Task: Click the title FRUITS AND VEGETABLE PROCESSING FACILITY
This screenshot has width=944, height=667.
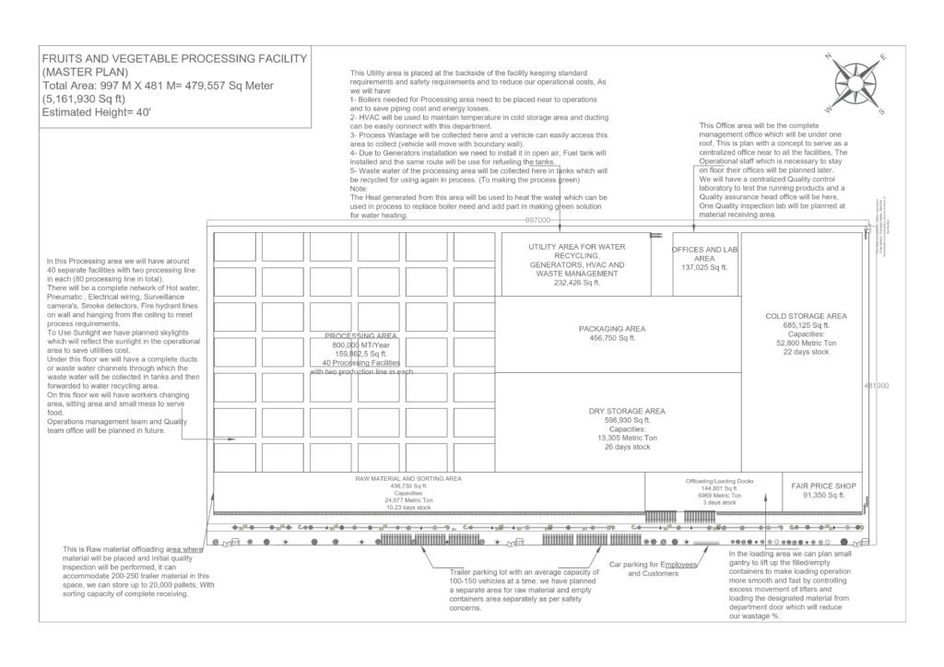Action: (175, 58)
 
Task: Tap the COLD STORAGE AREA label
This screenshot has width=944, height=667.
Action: (806, 316)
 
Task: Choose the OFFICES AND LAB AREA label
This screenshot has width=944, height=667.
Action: (705, 254)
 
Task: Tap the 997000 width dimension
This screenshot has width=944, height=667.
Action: (537, 221)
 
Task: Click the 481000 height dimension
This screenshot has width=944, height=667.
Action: (875, 386)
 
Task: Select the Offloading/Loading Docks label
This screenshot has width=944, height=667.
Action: (720, 481)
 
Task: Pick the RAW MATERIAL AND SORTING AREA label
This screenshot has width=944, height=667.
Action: (408, 479)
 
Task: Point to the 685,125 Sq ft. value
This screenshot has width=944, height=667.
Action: (806, 325)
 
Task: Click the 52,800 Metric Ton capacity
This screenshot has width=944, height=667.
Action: (806, 343)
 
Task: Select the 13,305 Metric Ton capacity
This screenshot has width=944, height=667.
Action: (627, 438)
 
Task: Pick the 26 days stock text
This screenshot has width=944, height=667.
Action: (627, 447)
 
